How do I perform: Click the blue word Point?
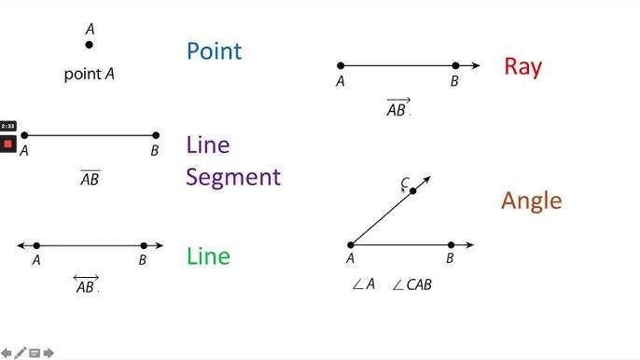click(214, 50)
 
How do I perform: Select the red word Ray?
click(522, 66)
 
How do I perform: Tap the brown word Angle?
click(532, 201)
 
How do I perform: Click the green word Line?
click(208, 256)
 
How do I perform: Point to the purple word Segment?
click(233, 177)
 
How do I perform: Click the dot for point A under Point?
click(90, 45)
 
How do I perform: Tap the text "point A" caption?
click(90, 74)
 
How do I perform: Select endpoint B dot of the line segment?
click(156, 135)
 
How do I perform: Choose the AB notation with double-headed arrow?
click(86, 285)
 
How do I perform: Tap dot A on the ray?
click(341, 65)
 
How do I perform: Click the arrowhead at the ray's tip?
click(477, 65)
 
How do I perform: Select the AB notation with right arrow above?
click(397, 108)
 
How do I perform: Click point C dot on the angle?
click(413, 190)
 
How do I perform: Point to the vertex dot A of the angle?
click(351, 245)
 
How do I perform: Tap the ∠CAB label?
click(411, 284)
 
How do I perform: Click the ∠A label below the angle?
click(363, 284)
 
